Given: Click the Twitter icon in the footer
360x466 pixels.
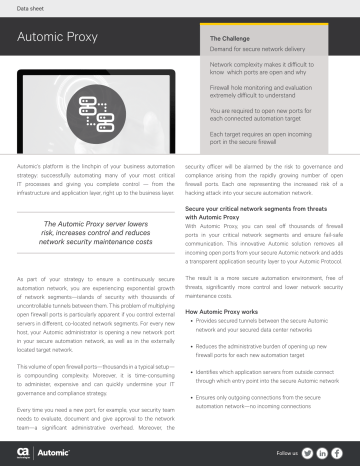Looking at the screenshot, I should click(x=307, y=453).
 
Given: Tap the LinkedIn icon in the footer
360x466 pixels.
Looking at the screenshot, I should click(x=324, y=453).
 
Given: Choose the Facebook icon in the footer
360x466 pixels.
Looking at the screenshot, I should click(x=340, y=453).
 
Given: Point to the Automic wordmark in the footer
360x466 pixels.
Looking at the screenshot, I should click(x=49, y=453).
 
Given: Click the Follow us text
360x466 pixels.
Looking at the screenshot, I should click(x=284, y=453).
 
